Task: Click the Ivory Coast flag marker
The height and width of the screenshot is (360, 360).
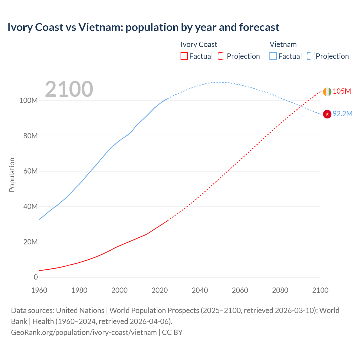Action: tap(327, 92)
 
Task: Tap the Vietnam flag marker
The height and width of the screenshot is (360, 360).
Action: tap(327, 114)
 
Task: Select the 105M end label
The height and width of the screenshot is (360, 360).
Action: tap(342, 91)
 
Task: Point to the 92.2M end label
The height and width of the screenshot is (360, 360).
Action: tap(342, 114)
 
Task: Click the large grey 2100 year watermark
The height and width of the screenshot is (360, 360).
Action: tap(69, 89)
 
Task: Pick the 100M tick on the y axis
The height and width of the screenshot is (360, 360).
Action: tap(28, 101)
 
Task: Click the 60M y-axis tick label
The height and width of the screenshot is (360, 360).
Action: tap(30, 171)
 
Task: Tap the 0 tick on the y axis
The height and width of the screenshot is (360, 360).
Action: tap(36, 277)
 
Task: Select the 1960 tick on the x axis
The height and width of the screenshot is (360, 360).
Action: tap(39, 290)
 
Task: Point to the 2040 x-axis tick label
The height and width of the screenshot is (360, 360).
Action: tap(200, 290)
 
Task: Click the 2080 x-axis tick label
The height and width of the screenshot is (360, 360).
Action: tap(280, 290)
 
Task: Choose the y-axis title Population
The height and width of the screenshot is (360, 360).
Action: tap(12, 175)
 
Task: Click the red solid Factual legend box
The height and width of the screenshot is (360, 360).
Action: tap(184, 56)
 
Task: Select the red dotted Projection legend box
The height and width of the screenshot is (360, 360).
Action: tap(222, 56)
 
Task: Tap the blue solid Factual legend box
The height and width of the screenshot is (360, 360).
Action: tap(273, 56)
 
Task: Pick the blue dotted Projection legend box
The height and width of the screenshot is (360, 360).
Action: tap(310, 56)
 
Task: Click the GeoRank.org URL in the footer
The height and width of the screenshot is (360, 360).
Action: tap(84, 332)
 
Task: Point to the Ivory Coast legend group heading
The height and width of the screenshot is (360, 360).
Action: tap(199, 44)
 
